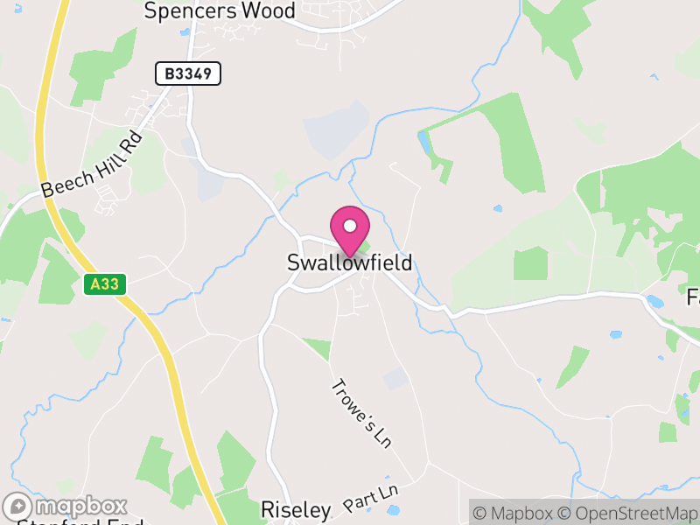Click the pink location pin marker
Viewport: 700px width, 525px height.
point(350,232)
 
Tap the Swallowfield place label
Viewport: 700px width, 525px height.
point(349,263)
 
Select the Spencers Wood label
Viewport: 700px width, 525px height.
point(220,10)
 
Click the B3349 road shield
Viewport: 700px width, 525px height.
point(188,73)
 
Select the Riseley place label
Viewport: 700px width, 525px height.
point(296,509)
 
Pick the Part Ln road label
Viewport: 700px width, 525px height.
point(371,499)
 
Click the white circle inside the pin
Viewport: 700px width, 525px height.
point(350,226)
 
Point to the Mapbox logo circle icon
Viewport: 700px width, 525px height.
point(19,507)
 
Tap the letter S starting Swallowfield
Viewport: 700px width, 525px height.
point(294,263)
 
